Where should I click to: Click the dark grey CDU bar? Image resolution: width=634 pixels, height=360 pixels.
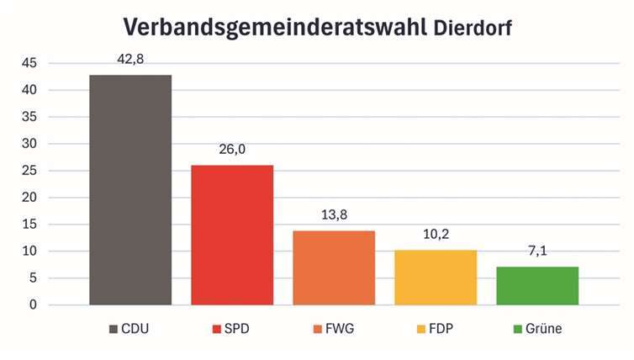point(130,189)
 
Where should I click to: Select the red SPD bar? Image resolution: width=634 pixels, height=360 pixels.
point(232,235)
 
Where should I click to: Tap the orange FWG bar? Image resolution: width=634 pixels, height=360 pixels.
point(334,267)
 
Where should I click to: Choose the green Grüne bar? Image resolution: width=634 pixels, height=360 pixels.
point(537,285)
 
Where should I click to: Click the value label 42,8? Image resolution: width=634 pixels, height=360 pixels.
point(130,59)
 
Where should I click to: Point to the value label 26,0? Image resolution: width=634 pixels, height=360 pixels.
point(232,149)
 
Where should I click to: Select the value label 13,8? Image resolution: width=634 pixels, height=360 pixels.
point(334,215)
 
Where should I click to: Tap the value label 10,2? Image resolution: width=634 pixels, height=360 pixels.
point(436,235)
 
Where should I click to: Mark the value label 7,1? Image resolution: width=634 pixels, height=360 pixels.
point(537,251)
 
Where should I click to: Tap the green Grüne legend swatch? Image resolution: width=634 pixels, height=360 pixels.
point(520,329)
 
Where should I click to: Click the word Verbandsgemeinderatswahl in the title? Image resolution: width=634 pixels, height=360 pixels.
point(276,27)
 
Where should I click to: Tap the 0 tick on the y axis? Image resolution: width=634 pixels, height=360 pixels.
point(33,305)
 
